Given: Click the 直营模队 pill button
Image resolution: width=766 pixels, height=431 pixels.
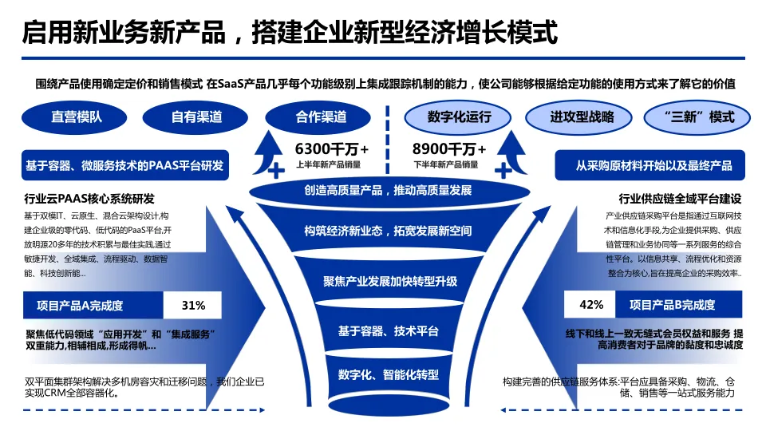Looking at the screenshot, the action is point(77,117).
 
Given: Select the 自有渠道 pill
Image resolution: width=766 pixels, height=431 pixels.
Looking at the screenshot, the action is point(197,117).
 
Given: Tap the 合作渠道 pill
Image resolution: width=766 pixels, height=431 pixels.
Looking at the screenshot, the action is point(321,117).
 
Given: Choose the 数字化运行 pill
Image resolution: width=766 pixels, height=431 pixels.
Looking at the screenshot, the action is point(459,117).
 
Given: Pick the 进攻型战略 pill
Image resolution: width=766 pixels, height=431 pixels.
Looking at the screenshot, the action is point(582,117).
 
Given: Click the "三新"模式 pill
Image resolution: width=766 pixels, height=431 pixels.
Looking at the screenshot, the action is point(700,117).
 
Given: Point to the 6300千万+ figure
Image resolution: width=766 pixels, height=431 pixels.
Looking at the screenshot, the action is point(332,148).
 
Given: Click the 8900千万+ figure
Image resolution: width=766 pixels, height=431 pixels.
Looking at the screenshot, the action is point(449,148).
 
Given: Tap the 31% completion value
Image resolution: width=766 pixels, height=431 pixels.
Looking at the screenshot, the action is point(194,305).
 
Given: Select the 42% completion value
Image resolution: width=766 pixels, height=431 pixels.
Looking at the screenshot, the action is point(591,304).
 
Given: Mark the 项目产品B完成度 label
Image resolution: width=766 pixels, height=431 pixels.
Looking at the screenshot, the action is point(672,304).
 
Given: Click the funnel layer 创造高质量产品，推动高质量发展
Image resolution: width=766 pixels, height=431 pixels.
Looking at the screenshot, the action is point(388,191).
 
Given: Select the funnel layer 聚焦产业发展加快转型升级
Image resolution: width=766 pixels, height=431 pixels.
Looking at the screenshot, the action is point(389,281).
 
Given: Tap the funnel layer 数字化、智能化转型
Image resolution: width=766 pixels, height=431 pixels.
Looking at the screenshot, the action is point(389,374).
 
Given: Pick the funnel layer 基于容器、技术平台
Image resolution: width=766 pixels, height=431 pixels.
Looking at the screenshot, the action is point(389,330).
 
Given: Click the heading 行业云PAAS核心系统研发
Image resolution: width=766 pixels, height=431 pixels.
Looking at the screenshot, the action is point(89,198).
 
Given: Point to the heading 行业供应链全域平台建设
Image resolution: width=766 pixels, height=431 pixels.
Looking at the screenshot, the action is point(681,198).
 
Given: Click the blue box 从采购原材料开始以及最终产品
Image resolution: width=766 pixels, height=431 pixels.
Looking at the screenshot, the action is point(653,166).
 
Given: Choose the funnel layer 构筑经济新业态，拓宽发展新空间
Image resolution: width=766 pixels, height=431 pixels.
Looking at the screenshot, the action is point(389,231).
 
